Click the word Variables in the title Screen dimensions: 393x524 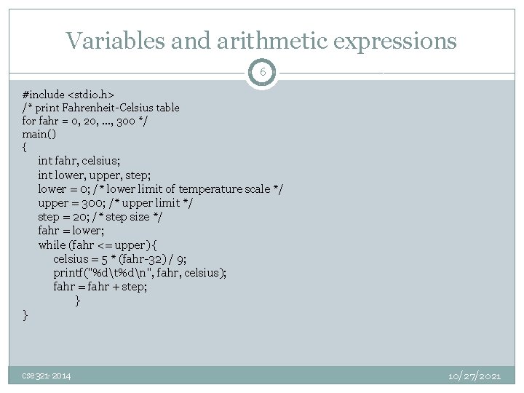(108, 41)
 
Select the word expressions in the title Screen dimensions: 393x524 (394, 41)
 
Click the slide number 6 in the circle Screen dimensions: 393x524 (262, 73)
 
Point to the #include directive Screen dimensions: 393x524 (44, 95)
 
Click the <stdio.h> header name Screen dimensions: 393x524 (91, 95)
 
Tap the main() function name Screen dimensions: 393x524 (35, 134)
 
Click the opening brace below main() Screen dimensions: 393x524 (25, 147)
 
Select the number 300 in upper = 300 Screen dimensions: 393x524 (91, 203)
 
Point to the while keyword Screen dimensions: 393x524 (52, 245)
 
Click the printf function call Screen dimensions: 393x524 (70, 272)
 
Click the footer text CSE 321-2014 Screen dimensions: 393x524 (46, 376)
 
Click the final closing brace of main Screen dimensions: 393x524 (25, 314)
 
